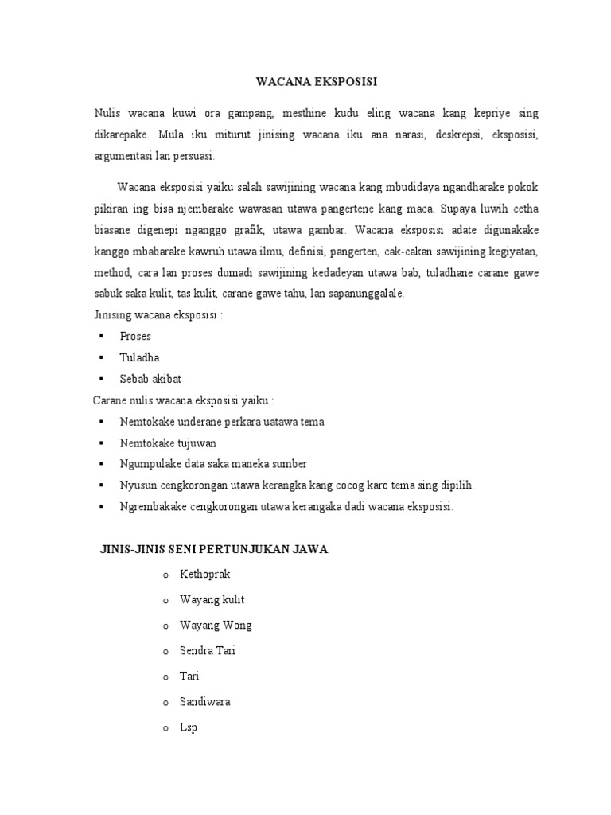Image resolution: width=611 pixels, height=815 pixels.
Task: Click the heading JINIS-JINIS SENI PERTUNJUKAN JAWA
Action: [x=214, y=548]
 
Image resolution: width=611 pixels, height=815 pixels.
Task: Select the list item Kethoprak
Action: [x=205, y=574]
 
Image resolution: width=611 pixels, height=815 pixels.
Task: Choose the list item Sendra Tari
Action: [x=208, y=650]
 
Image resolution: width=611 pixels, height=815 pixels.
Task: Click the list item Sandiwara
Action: [x=205, y=702]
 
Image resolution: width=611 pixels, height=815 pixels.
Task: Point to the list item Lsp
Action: [x=189, y=727]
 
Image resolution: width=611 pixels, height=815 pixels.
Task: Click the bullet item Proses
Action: [x=135, y=336]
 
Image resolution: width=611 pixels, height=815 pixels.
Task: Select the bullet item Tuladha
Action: [x=138, y=357]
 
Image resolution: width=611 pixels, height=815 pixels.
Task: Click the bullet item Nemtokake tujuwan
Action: [x=168, y=443]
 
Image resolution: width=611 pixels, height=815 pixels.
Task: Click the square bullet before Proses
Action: [x=101, y=336]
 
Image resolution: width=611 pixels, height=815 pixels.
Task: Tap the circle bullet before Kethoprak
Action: [x=165, y=575]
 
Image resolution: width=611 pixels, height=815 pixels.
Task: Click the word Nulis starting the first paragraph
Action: [x=107, y=113]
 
